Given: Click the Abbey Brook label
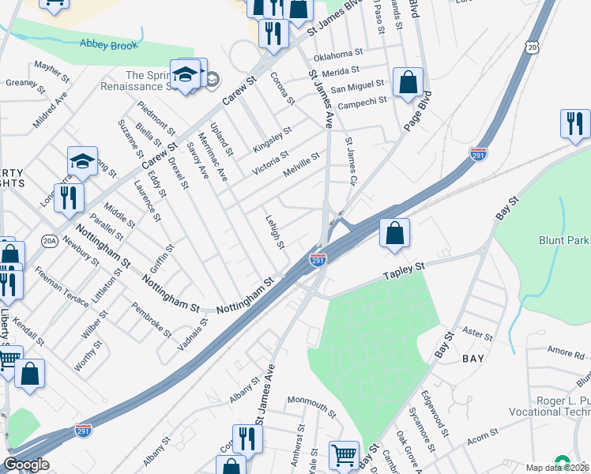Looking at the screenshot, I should tap(107, 44).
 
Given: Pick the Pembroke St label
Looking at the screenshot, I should tap(151, 320).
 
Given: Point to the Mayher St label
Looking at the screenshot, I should tap(49, 70).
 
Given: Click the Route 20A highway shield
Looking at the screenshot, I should tap(50, 243).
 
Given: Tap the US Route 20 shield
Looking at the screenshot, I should tap(533, 49).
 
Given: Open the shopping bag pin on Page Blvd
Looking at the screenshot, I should tap(408, 83).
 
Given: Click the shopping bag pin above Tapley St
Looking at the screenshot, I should tap(394, 234).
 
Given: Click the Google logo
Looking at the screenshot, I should tap(26, 465).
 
